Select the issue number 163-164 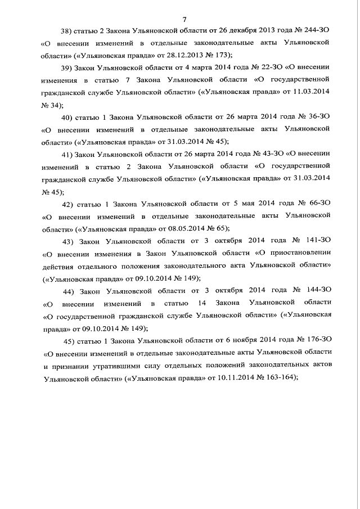[273, 378]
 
